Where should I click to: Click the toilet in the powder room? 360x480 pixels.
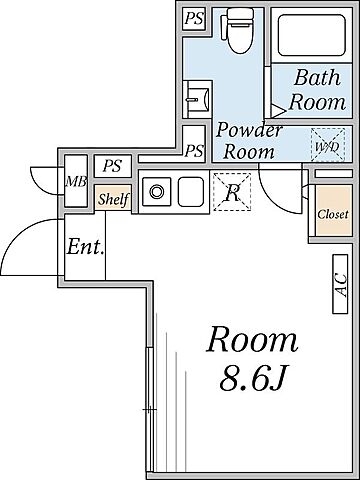(240, 30)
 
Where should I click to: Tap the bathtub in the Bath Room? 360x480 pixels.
(311, 35)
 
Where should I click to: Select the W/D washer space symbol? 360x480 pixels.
(328, 145)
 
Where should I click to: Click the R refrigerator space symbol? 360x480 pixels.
(232, 192)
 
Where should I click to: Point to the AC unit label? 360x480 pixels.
(341, 284)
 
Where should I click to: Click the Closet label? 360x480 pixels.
(332, 214)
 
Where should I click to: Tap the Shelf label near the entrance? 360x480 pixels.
(113, 199)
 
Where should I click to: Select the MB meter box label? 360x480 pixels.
(76, 182)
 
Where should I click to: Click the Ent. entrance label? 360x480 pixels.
(85, 247)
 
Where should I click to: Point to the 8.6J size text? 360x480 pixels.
(253, 378)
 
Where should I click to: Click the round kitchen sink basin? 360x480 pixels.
(156, 192)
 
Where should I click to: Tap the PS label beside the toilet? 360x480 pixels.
(194, 19)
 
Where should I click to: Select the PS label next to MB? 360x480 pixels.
(112, 166)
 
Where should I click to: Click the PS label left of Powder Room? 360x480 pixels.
(194, 151)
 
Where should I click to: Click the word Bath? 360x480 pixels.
(317, 77)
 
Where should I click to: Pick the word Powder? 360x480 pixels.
(249, 130)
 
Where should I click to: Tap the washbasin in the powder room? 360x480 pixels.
(197, 99)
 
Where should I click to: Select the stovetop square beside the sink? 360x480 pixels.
(191, 192)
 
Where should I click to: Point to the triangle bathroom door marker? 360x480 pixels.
(277, 111)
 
